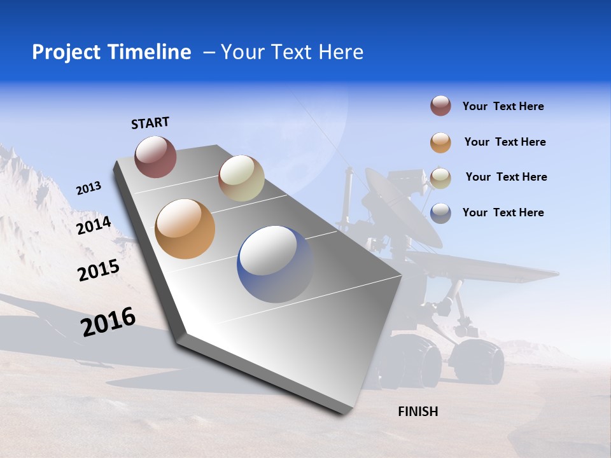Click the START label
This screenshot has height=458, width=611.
click(150, 123)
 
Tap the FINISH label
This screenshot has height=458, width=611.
click(418, 412)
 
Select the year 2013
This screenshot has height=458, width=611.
click(88, 188)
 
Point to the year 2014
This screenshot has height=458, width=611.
click(94, 226)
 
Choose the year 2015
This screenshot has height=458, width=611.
click(98, 270)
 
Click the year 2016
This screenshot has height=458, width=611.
click(108, 322)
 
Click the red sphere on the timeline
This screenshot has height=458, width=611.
click(155, 156)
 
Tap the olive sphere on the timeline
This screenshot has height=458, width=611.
click(241, 178)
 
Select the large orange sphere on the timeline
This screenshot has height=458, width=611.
click(185, 229)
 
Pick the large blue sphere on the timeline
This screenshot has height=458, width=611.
click(275, 263)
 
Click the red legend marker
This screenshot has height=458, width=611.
click(440, 106)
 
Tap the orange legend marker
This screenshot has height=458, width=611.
click(440, 142)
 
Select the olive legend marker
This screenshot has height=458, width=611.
click(440, 178)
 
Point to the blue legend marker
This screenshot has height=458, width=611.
click(440, 213)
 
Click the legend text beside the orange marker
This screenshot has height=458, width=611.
click(505, 142)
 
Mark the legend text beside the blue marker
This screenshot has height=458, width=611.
click(503, 212)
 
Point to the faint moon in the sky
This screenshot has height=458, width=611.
click(321, 137)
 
